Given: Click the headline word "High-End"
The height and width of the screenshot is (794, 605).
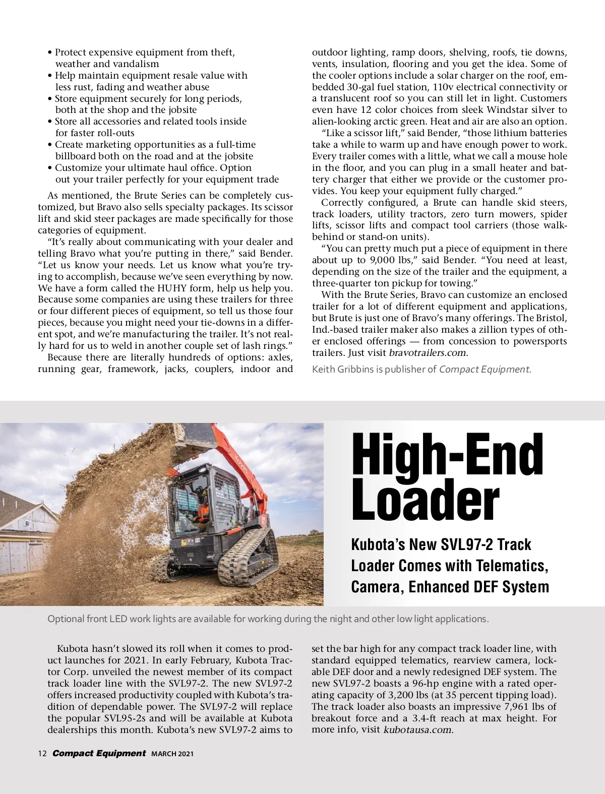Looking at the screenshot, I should (447, 455).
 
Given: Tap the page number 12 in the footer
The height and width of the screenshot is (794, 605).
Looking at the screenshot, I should (42, 754).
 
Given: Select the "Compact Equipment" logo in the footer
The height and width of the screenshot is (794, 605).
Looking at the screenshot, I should (99, 753).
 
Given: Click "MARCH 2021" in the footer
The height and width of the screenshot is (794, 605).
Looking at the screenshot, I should (172, 754).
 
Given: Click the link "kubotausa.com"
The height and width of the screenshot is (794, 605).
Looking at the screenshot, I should (418, 730).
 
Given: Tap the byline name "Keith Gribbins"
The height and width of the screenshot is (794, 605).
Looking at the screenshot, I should (343, 370).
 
